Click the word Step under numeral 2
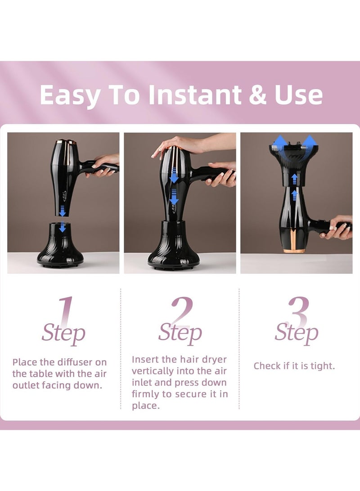pos(180,333)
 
